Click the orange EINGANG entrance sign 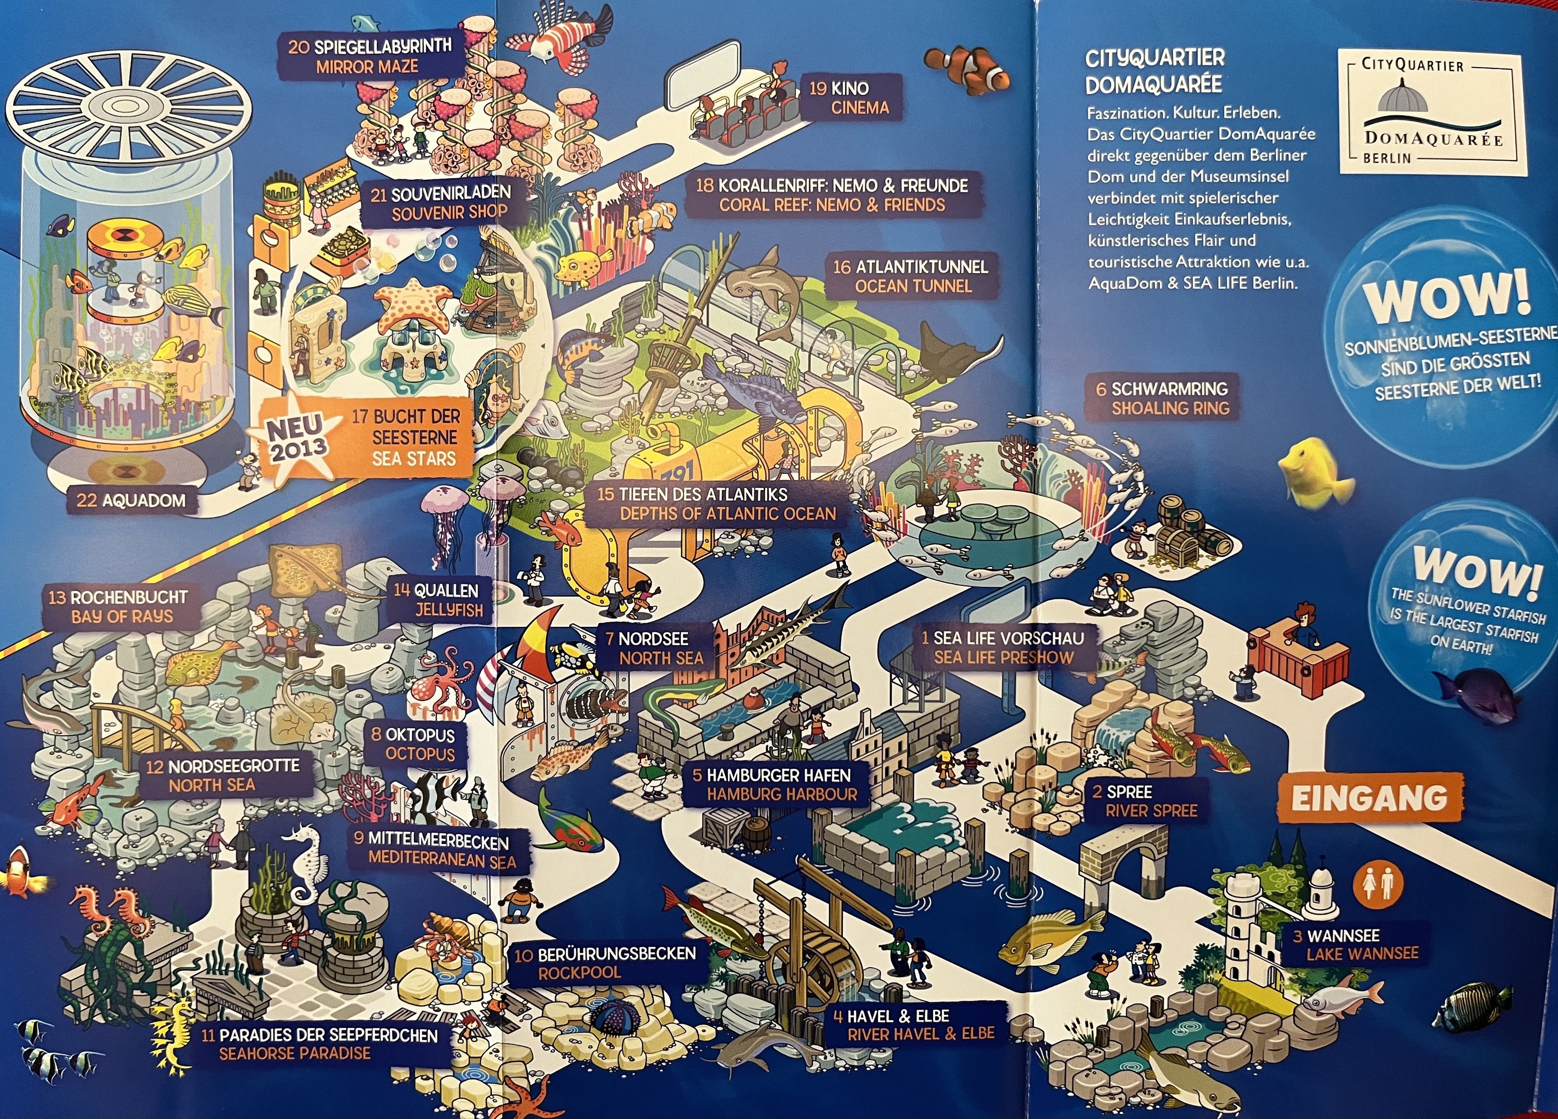pyautogui.click(x=1369, y=798)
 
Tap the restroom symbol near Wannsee pyautogui.click(x=1381, y=884)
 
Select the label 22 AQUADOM pyautogui.click(x=131, y=500)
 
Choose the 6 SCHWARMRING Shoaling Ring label pyautogui.click(x=1162, y=398)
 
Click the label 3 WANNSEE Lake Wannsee pyautogui.click(x=1355, y=944)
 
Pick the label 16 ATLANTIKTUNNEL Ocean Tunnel pyautogui.click(x=911, y=276)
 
